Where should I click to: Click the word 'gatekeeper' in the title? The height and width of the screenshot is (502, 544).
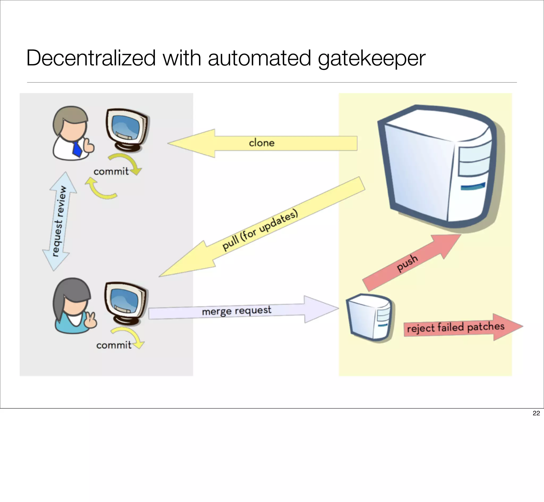click(371, 58)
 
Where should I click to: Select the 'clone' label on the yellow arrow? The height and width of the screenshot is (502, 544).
click(262, 143)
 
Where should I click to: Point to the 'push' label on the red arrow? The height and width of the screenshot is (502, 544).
click(407, 263)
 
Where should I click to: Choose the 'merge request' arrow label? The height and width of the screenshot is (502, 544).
click(236, 311)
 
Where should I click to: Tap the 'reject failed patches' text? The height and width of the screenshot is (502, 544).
click(456, 327)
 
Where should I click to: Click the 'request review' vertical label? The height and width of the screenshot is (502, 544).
click(59, 221)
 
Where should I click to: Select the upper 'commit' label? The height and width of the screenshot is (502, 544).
click(111, 171)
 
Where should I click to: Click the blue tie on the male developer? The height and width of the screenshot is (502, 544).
click(77, 149)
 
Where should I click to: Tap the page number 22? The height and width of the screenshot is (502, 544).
click(536, 413)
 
